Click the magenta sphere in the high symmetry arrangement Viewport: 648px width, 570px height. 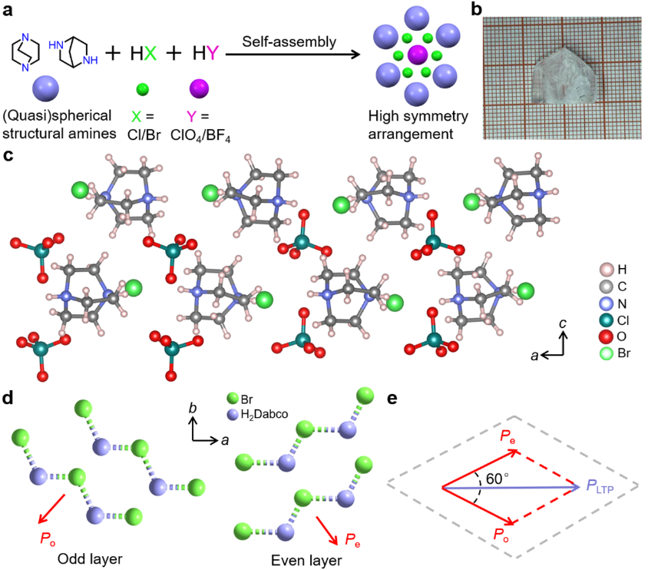417,56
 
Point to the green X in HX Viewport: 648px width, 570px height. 149,53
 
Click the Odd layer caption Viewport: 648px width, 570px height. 87,559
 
